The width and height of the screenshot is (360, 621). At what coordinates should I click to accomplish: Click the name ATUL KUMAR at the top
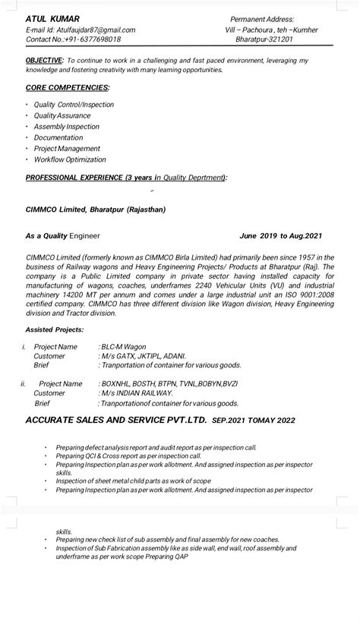point(47,18)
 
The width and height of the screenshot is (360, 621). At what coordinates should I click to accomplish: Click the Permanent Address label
point(262,19)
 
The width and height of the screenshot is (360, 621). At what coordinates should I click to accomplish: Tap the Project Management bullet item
point(69,149)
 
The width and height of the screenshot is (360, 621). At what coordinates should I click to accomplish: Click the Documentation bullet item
point(58,137)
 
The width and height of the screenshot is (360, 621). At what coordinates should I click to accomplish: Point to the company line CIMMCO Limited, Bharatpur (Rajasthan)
point(95,209)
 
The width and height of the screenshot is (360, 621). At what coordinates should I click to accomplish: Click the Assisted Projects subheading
point(55,330)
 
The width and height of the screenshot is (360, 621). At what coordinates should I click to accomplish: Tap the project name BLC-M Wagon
point(125,346)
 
